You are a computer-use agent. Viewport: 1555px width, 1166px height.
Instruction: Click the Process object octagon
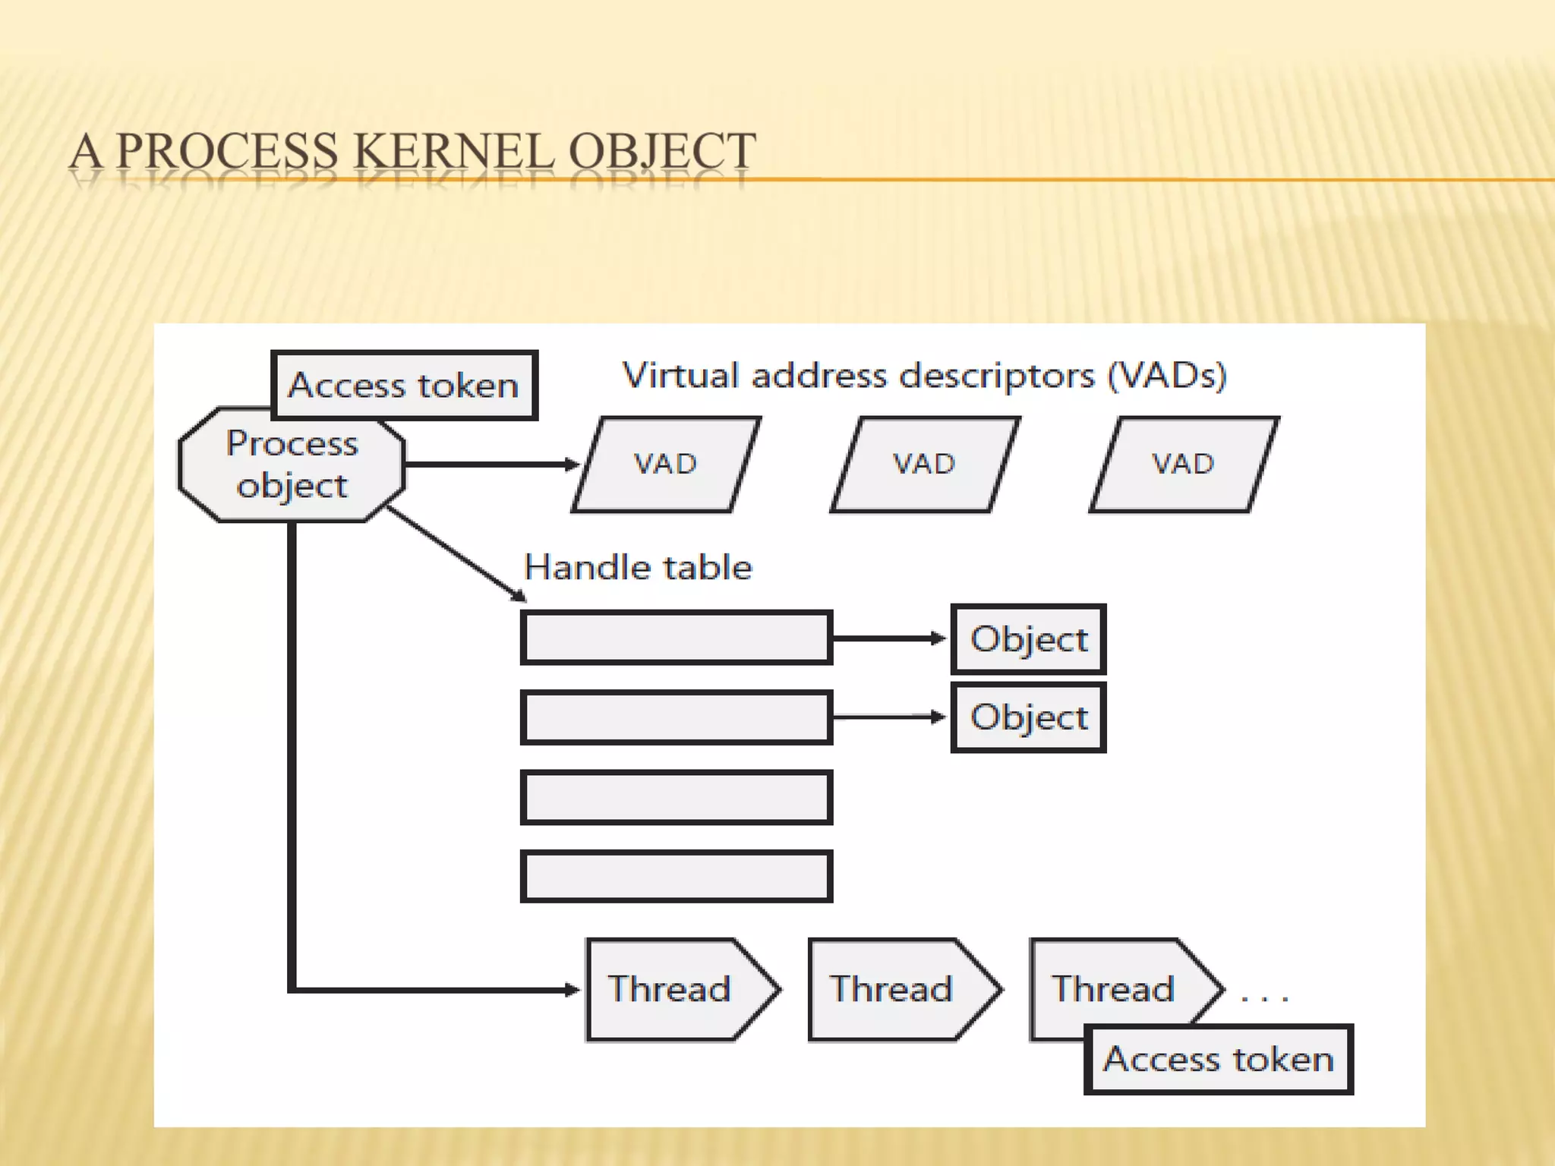[292, 465]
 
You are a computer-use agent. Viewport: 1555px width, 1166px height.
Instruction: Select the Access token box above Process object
[404, 386]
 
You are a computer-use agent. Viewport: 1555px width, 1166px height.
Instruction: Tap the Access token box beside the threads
[1218, 1059]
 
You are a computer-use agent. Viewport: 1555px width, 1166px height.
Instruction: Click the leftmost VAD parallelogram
[666, 464]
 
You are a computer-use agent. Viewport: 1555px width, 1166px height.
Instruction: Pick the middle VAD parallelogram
[924, 464]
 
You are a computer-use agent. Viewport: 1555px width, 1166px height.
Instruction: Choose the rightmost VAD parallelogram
[1183, 464]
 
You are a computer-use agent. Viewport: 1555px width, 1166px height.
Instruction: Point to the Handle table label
[638, 567]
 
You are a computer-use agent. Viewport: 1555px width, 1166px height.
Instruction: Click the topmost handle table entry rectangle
[676, 638]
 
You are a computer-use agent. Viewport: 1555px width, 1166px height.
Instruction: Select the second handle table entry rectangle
[676, 717]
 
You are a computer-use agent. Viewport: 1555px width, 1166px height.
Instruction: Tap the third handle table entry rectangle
[676, 797]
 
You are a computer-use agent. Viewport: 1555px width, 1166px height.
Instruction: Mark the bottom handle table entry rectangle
[676, 876]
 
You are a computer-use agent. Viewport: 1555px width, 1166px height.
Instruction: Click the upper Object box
[1029, 639]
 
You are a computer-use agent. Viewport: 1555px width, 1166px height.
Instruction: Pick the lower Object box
[1029, 717]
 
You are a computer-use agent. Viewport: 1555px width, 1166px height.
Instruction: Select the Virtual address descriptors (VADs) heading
[924, 375]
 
